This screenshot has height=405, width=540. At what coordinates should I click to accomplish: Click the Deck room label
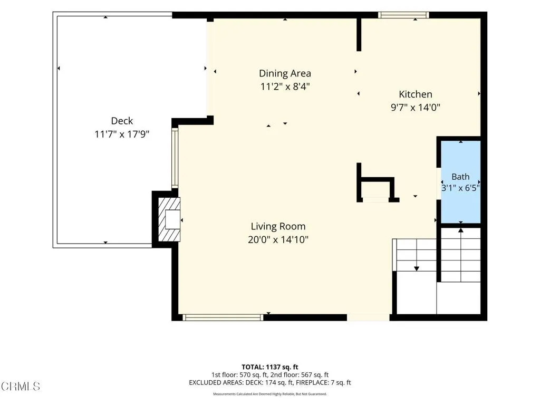[x=122, y=121]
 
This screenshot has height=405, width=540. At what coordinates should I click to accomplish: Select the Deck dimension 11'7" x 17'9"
[x=122, y=134]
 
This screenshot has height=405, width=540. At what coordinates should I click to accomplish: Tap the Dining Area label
[x=285, y=73]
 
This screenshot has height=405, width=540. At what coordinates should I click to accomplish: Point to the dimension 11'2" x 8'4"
[x=285, y=86]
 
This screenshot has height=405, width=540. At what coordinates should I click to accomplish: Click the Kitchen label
[x=416, y=94]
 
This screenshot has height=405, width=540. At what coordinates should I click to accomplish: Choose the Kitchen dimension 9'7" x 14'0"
[x=416, y=108]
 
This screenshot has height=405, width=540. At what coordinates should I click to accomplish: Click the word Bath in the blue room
[x=460, y=177]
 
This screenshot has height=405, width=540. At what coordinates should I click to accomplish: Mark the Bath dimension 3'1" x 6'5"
[x=460, y=188]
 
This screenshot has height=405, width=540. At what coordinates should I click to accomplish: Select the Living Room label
[x=278, y=226]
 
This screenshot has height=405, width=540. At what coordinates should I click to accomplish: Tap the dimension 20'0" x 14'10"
[x=278, y=239]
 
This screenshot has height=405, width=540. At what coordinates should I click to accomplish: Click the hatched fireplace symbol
[x=169, y=219]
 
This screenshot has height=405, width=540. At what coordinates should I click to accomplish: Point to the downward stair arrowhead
[x=417, y=268]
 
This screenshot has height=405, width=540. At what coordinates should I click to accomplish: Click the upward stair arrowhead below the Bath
[x=461, y=230]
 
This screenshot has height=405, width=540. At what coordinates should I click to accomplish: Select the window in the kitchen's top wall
[x=403, y=15]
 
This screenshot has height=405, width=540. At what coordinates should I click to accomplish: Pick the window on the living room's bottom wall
[x=223, y=317]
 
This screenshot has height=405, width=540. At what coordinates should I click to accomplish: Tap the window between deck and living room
[x=175, y=158]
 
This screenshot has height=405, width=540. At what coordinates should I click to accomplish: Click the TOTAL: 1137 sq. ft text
[x=269, y=367]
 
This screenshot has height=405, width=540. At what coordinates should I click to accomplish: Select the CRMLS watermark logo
[x=21, y=386]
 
